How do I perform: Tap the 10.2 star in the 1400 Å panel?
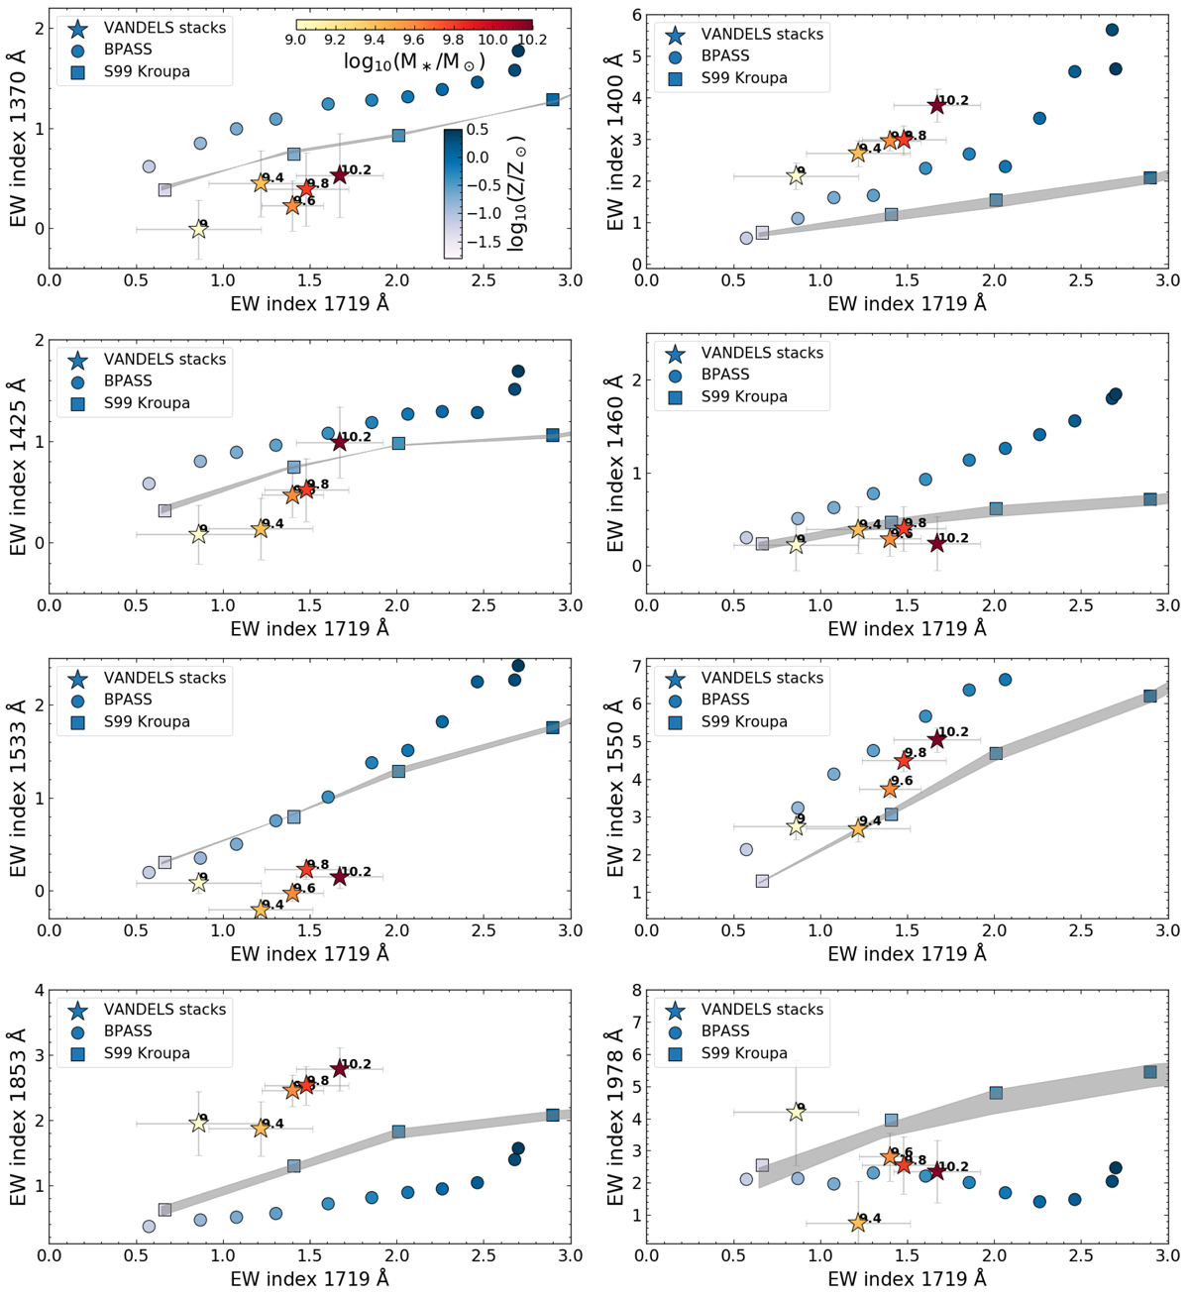pyautogui.click(x=936, y=105)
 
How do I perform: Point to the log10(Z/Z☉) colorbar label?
pyautogui.click(x=516, y=195)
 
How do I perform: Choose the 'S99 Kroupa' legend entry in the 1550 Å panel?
pyautogui.click(x=743, y=721)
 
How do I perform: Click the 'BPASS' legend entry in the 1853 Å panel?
pyautogui.click(x=128, y=1030)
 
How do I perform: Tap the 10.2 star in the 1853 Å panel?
pyautogui.click(x=339, y=1069)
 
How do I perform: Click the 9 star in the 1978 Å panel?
pyautogui.click(x=796, y=1112)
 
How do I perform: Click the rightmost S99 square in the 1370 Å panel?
pyautogui.click(x=553, y=99)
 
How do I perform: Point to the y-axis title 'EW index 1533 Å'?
pyautogui.click(x=18, y=790)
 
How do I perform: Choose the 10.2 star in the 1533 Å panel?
pyautogui.click(x=339, y=877)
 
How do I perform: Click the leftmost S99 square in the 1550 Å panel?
pyautogui.click(x=762, y=881)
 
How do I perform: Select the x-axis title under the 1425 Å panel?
pyautogui.click(x=309, y=628)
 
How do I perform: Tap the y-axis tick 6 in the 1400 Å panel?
pyautogui.click(x=635, y=15)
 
